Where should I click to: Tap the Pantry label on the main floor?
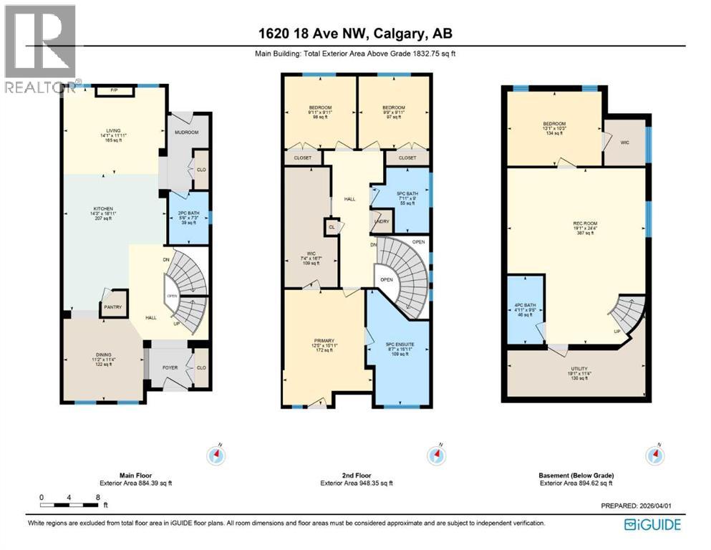113,308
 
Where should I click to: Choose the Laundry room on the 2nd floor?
380,221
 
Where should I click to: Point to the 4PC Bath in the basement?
525,310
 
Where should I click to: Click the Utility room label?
579,369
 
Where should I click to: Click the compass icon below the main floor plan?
216,455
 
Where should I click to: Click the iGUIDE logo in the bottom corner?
652,524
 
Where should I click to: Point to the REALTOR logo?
39,49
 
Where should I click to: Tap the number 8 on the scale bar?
97,497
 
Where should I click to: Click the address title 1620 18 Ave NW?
355,34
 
